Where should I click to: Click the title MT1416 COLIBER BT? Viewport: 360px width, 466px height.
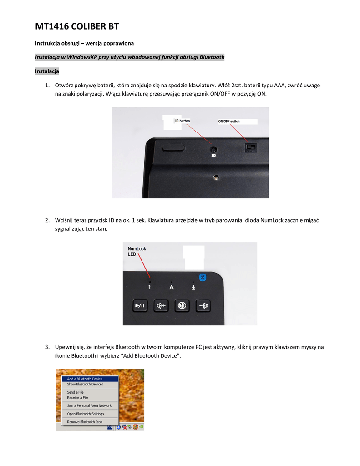(x=77, y=27)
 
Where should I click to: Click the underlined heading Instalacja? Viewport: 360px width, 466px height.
(x=47, y=71)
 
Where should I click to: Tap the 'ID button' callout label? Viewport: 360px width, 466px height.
(x=183, y=121)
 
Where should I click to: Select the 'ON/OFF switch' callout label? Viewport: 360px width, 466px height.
(x=229, y=122)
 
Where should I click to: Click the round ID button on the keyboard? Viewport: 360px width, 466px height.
(x=213, y=149)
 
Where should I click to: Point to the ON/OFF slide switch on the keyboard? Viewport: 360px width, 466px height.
(x=250, y=148)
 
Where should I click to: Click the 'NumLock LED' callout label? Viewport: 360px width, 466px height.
(x=137, y=251)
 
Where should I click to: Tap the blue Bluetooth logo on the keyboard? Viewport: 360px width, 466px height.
(x=204, y=277)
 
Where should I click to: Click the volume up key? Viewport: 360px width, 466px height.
(x=161, y=306)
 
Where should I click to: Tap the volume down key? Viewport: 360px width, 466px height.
(x=203, y=306)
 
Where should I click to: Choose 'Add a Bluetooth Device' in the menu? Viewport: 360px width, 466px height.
(x=85, y=379)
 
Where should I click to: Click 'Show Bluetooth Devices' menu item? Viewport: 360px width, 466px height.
(x=85, y=384)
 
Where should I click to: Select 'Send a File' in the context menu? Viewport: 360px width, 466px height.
(x=75, y=392)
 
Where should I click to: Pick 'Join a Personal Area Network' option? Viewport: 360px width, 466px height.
(x=89, y=405)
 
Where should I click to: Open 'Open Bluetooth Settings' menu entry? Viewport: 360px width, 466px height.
(x=86, y=414)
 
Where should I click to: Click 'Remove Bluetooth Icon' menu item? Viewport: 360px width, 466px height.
(x=85, y=422)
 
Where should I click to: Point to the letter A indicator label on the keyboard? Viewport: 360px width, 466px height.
(x=172, y=287)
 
